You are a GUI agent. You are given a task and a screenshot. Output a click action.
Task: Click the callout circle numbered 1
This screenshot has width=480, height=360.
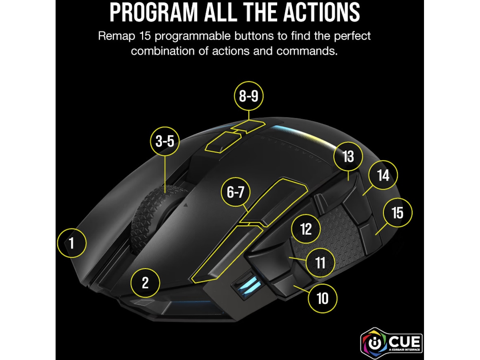[72, 243]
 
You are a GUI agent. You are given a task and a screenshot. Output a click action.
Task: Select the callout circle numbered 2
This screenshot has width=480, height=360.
[145, 283]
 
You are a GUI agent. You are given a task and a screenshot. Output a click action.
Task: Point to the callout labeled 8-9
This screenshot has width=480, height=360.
[249, 96]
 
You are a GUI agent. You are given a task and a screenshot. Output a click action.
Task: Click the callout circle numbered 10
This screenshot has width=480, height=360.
[322, 298]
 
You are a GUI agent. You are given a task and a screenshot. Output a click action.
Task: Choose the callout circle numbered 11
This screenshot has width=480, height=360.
[320, 263]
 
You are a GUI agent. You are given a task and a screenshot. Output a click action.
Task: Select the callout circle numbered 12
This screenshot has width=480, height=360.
[306, 229]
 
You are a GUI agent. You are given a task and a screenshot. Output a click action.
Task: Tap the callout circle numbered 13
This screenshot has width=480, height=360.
[348, 156]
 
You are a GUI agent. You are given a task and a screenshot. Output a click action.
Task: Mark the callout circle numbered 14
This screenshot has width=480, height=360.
[383, 175]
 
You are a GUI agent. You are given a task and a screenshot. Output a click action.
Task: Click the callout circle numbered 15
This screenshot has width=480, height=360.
[397, 212]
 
